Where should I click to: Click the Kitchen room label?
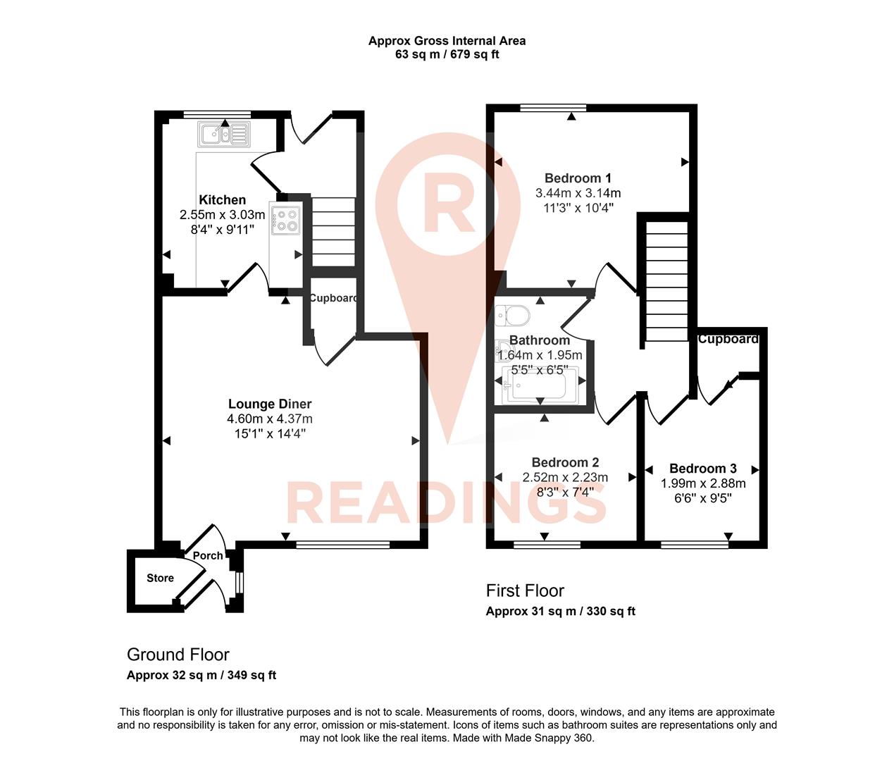[222, 200]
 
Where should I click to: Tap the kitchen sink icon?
[224, 133]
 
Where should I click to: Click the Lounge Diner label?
[270, 404]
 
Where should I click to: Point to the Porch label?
[208, 555]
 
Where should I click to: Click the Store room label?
[160, 578]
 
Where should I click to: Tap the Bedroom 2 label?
[565, 462]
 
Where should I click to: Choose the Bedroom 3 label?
[702, 469]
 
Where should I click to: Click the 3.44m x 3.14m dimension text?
[578, 193]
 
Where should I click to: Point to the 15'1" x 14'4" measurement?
[270, 433]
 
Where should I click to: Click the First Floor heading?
[525, 590]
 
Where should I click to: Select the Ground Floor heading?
[178, 655]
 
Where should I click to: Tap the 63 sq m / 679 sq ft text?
[447, 54]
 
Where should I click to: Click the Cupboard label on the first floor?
[728, 339]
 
